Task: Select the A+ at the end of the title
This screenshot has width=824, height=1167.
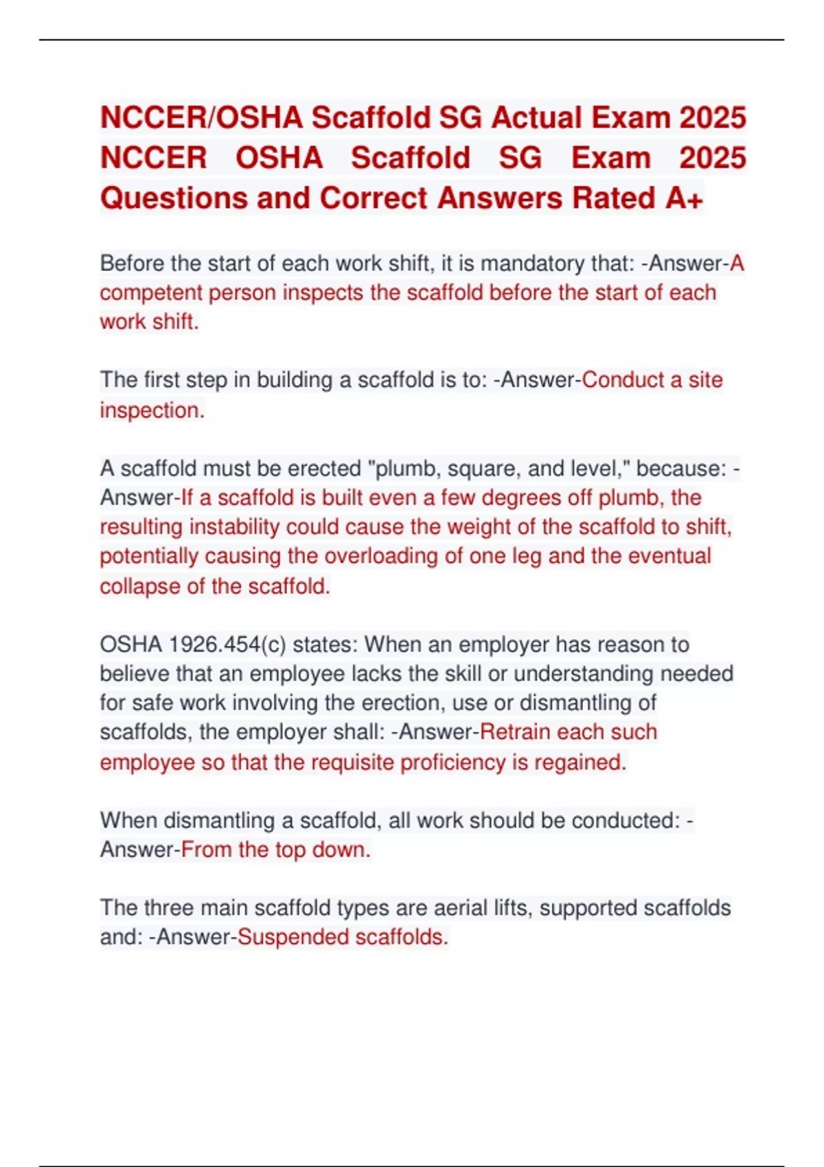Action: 684,198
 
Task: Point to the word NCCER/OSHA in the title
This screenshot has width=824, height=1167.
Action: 201,117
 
